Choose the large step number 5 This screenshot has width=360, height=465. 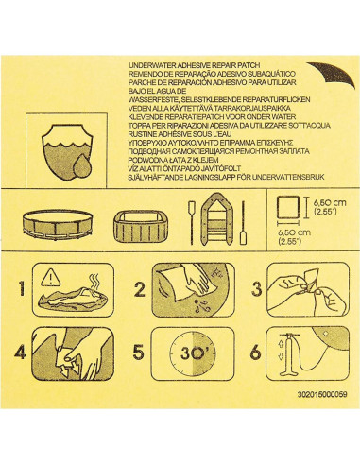coord(139,357)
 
